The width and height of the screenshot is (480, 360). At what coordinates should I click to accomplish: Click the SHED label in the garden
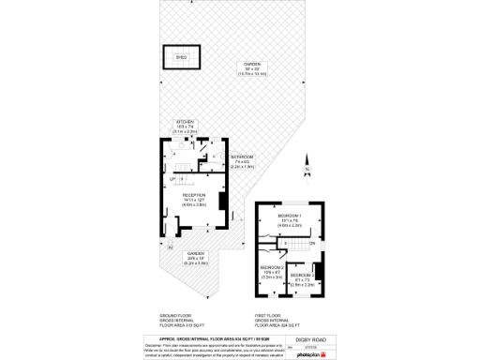181,56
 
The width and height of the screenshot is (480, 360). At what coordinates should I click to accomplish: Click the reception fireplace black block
221,201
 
